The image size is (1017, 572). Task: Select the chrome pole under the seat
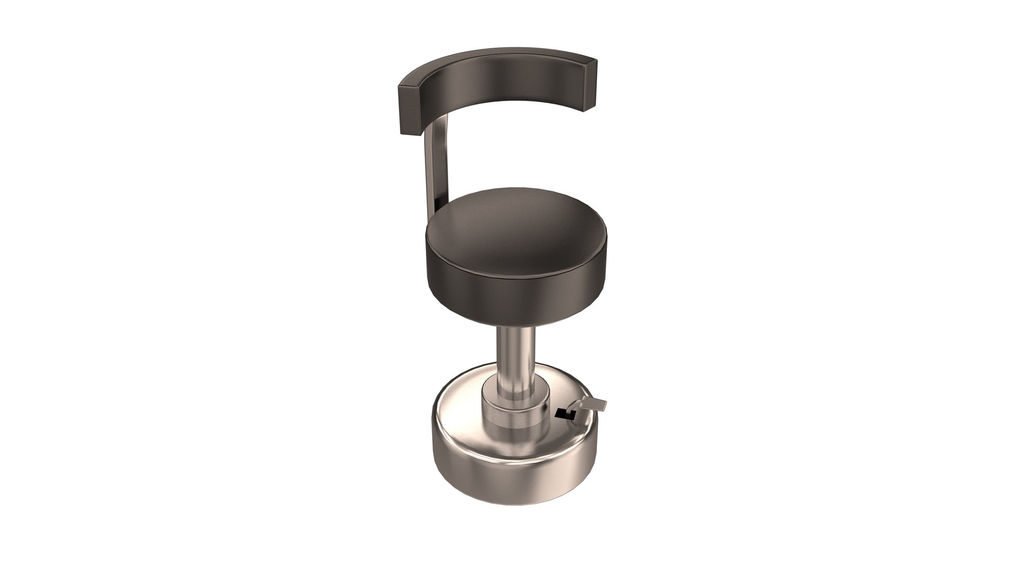[514, 360]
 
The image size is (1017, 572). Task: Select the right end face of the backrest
[590, 85]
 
